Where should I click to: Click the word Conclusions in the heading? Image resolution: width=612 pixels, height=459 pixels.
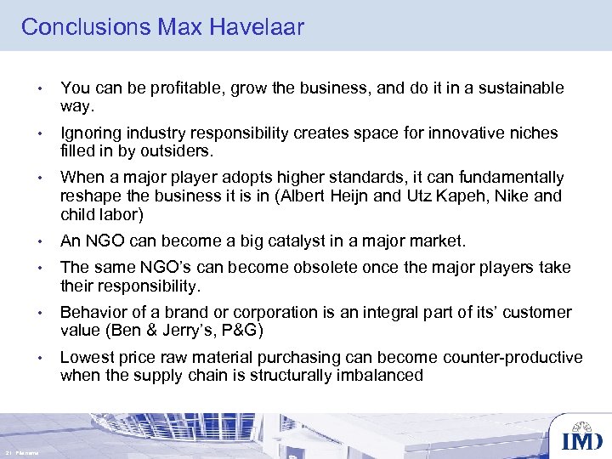[86, 27]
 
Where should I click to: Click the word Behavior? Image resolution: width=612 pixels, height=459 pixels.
[93, 312]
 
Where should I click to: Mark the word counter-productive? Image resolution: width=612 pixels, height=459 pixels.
[512, 357]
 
